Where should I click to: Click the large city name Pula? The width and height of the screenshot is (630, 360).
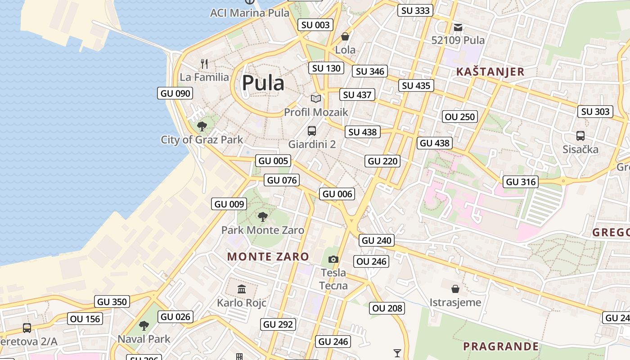click(263, 83)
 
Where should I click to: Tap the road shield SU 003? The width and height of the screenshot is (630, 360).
click(315, 25)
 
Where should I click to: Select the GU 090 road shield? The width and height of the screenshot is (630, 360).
click(175, 93)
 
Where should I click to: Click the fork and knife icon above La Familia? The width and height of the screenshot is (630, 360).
click(204, 63)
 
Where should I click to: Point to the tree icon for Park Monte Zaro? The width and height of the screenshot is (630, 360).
click(263, 217)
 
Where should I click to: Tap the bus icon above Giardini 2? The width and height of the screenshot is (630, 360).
click(312, 131)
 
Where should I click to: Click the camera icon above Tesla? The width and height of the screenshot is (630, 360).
click(333, 259)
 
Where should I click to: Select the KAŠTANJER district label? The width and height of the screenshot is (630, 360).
click(490, 72)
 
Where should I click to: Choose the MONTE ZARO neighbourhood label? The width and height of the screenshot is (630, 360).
click(268, 257)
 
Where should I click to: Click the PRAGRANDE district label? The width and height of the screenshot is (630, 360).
click(501, 346)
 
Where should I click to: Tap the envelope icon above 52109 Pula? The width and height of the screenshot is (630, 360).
click(458, 27)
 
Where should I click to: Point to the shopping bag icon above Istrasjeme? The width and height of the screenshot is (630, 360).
click(455, 288)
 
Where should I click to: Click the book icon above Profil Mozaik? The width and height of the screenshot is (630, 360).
click(316, 99)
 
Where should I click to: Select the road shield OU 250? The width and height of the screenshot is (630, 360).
click(459, 117)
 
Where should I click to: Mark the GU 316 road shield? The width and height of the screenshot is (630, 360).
click(521, 182)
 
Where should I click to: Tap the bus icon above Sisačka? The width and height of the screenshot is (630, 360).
click(580, 135)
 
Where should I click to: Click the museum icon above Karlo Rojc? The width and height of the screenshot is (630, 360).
click(242, 289)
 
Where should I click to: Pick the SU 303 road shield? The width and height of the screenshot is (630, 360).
click(595, 112)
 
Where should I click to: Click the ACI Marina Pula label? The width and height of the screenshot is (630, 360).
click(250, 13)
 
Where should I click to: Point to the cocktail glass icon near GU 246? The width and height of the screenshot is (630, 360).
click(397, 353)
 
